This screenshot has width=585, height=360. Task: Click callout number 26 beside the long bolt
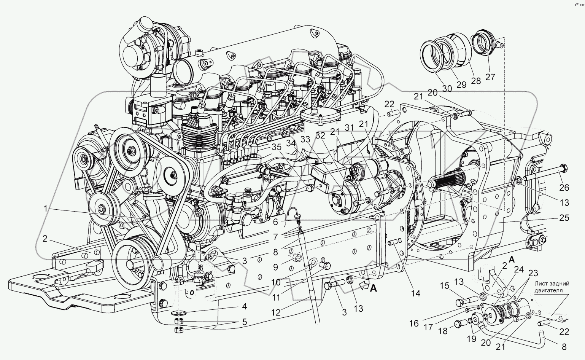(564, 188)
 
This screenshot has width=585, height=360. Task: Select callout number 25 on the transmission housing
(564, 218)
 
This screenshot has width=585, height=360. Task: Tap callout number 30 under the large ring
(447, 88)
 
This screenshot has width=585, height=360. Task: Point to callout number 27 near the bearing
(490, 77)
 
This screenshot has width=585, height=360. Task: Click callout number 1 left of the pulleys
(45, 208)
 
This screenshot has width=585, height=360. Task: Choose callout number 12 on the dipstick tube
(276, 312)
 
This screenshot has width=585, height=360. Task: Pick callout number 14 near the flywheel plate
(415, 293)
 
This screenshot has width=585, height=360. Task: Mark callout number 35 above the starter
(277, 147)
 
